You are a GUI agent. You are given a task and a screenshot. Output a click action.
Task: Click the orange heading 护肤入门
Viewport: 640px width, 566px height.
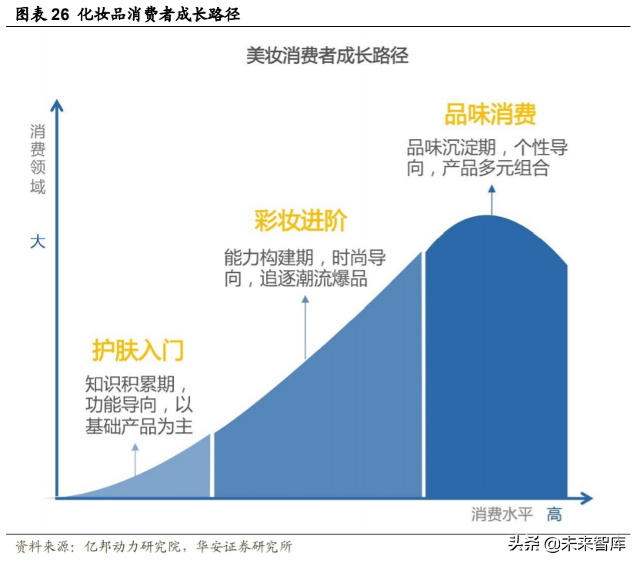(138, 350)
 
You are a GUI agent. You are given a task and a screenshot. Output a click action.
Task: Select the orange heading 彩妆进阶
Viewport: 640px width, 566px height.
(301, 221)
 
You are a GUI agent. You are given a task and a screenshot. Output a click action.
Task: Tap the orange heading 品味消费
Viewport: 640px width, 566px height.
(490, 115)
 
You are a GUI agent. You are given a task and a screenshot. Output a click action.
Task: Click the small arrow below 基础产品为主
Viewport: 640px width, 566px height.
(135, 460)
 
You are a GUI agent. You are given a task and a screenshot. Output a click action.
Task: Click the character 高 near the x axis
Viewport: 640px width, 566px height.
(554, 514)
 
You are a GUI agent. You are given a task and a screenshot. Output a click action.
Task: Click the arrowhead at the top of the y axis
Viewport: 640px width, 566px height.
(56, 105)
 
